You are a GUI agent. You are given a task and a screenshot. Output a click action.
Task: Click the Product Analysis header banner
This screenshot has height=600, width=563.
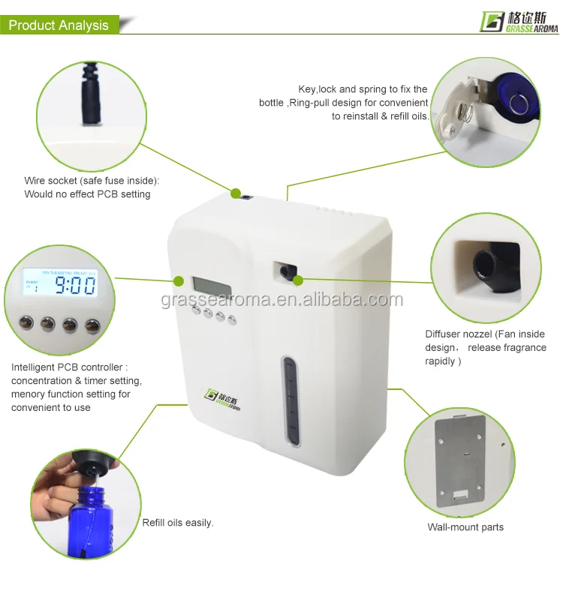[x=59, y=25]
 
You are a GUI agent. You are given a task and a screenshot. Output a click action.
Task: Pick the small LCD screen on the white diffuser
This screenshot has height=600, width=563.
[x=206, y=285]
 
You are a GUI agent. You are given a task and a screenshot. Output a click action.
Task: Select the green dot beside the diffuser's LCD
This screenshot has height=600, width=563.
[x=179, y=281]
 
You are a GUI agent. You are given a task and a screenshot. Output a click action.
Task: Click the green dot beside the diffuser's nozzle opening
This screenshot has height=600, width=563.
[x=298, y=280]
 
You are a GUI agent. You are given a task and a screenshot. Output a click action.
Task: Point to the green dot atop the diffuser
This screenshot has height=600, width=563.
[x=235, y=193]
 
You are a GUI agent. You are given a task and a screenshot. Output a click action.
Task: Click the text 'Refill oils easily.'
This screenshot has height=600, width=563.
[x=178, y=523]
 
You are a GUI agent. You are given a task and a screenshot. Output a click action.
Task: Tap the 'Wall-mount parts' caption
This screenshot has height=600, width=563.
[x=465, y=527]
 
